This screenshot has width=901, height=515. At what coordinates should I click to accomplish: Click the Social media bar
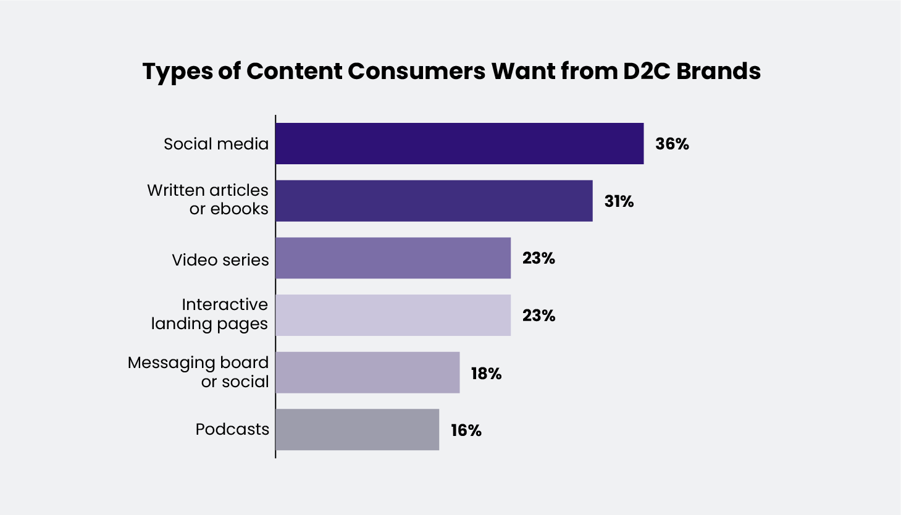459,143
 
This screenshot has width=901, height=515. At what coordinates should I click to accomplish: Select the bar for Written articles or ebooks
434,201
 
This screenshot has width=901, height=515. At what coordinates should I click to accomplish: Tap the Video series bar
393,258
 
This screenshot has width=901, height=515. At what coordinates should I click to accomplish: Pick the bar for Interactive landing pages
393,315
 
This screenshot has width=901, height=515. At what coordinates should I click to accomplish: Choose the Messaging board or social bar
367,372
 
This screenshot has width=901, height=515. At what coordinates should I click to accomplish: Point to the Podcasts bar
357,430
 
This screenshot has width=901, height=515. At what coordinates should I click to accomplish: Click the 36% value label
672,144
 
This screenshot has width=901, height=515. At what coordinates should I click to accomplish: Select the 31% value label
619,201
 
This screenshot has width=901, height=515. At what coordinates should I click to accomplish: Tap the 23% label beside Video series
539,259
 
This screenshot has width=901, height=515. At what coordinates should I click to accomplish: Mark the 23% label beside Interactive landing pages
539,316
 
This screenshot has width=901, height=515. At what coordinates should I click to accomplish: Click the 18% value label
486,374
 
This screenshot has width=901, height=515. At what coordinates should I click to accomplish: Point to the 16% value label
466,430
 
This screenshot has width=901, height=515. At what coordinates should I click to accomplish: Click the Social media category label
216,144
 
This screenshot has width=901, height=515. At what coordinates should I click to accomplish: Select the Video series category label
220,260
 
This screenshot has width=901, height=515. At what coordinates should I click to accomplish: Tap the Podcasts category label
232,429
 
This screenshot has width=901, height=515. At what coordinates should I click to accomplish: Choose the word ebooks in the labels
240,209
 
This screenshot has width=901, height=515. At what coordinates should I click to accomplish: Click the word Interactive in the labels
225,304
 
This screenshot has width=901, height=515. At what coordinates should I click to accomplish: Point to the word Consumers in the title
417,71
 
